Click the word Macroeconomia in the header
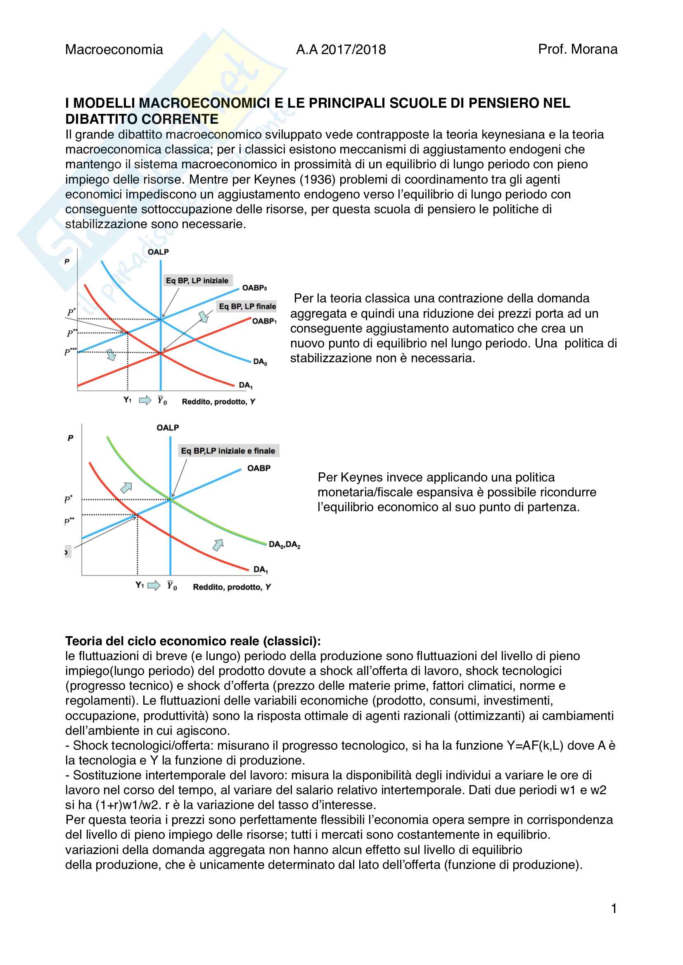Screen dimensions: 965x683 114,50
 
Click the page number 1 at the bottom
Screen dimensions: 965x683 614,908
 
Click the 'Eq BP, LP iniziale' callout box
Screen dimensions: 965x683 197,280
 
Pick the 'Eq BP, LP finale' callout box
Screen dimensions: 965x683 247,306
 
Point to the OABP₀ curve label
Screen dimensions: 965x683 254,288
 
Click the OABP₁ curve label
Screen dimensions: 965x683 264,321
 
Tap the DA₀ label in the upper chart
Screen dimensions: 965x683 260,361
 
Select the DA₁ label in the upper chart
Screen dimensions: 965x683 246,385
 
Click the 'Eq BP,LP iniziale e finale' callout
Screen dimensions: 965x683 228,451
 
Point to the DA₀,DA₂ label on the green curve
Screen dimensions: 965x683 284,545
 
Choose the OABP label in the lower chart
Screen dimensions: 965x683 258,468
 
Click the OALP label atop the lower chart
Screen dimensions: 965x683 168,428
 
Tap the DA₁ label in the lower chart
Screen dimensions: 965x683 260,569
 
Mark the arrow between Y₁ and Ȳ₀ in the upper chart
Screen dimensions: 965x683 145,400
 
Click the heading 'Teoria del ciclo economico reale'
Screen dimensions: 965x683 192,641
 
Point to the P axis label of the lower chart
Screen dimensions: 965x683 71,438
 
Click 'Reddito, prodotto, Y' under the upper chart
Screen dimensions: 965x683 218,402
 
